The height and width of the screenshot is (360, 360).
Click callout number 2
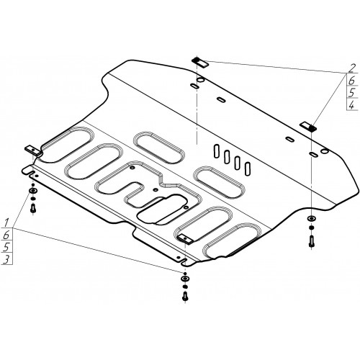pos(351,68)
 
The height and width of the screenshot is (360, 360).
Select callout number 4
pos(351,105)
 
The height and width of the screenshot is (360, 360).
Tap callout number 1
pos(6,222)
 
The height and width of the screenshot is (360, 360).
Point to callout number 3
pos(6,259)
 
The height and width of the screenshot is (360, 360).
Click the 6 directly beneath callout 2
pos(351,81)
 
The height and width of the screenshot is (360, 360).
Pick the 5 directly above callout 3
pos(6,247)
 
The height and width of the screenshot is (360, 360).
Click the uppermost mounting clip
pos(199,63)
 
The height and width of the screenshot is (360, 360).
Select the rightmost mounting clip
pos(307,127)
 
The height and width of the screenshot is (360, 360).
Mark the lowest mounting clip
pos(186,239)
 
